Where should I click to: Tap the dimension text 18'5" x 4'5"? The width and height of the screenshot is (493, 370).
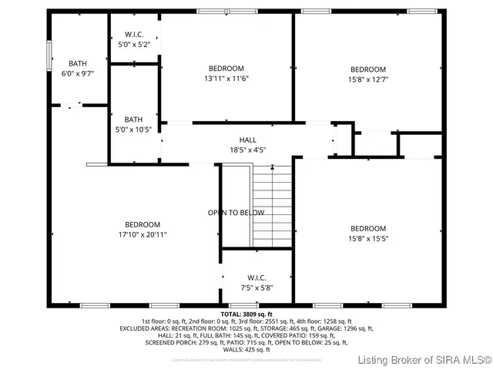coord(247,150)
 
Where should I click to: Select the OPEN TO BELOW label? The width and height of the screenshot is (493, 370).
coord(236,213)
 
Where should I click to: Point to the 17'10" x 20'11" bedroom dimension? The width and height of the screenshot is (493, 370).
coord(143,234)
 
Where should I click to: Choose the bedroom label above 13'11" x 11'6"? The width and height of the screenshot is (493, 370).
coord(226,68)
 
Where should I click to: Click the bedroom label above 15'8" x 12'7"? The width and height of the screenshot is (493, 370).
coord(368,68)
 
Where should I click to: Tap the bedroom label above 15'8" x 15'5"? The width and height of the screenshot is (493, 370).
coord(368,228)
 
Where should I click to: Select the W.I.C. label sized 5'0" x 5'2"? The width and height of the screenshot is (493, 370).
coord(134,35)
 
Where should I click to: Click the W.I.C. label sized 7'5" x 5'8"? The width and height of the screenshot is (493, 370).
coord(257,277)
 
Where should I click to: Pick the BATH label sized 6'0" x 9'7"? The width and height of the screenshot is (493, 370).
coord(78,63)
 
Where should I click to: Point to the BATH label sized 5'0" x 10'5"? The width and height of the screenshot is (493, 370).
coord(134,119)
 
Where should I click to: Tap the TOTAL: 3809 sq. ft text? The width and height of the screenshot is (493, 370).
coord(246,314)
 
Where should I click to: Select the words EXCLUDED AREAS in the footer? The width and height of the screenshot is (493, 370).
coord(144,328)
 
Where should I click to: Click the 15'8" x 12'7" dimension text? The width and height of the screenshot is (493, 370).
coord(368,78)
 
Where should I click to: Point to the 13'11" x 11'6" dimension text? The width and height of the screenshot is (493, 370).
coord(226,78)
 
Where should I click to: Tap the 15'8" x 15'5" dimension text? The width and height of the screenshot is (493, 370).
coord(368,238)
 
